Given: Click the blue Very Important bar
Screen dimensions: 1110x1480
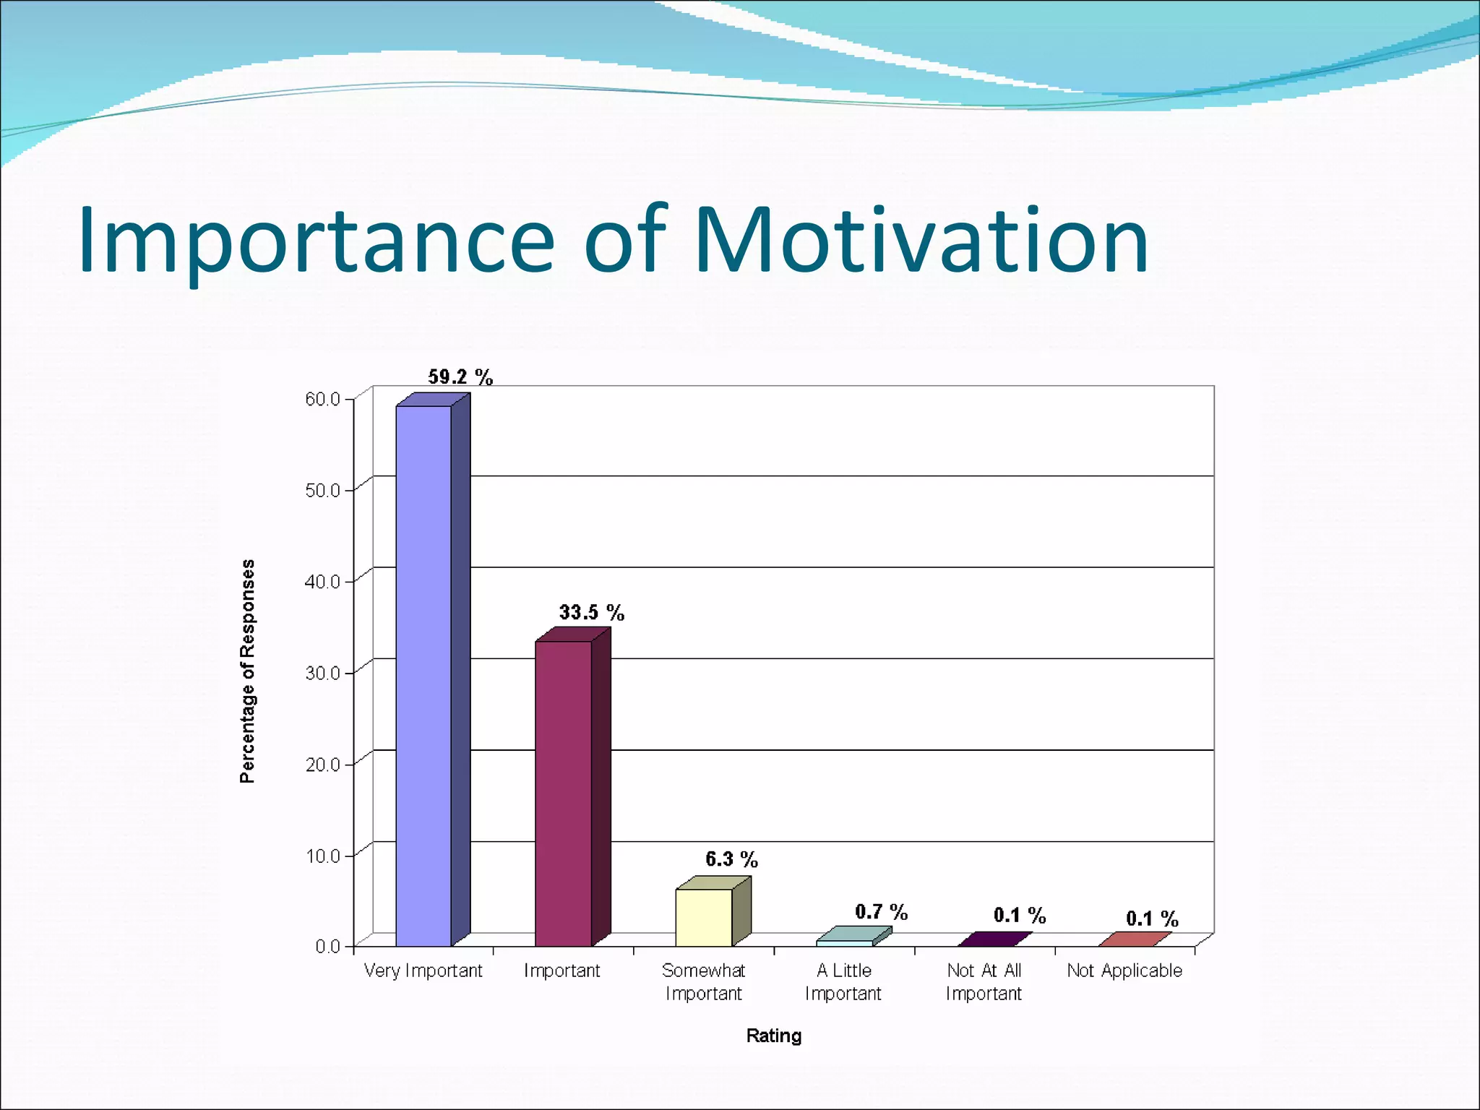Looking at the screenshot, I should coord(424,676).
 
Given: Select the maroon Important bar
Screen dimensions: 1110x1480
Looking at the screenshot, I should coord(564,793).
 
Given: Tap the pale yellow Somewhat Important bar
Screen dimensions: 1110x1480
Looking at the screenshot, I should coord(704,917).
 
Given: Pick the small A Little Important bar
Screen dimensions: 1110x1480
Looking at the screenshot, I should coord(845,942).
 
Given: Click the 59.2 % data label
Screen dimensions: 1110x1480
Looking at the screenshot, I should coord(460,377).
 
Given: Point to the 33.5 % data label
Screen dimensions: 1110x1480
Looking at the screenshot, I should coord(591,613).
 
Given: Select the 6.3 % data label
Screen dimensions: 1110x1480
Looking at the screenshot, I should coord(731,859).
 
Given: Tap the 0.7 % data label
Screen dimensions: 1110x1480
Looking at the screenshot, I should coord(881,912).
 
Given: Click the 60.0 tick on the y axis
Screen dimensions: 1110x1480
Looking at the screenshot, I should coord(322,400).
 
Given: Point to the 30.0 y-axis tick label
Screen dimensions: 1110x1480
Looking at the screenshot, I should coord(322,674).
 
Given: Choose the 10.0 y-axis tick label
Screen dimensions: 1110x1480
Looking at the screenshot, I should coord(322,856).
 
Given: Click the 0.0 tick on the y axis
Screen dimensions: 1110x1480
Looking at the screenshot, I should coord(327,947).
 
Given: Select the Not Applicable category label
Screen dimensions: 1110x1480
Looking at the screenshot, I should coord(1124,971).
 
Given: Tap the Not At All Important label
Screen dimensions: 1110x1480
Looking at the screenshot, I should coord(984,981).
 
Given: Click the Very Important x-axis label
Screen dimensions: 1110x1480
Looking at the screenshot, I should coord(423,971).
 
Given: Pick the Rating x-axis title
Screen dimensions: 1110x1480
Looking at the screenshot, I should coord(773,1036).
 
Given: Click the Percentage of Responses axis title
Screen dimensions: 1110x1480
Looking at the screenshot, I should coord(247,671).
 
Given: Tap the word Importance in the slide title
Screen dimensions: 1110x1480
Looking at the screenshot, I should coord(316,242).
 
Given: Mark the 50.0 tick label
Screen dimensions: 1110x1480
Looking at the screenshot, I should coord(322,491).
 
